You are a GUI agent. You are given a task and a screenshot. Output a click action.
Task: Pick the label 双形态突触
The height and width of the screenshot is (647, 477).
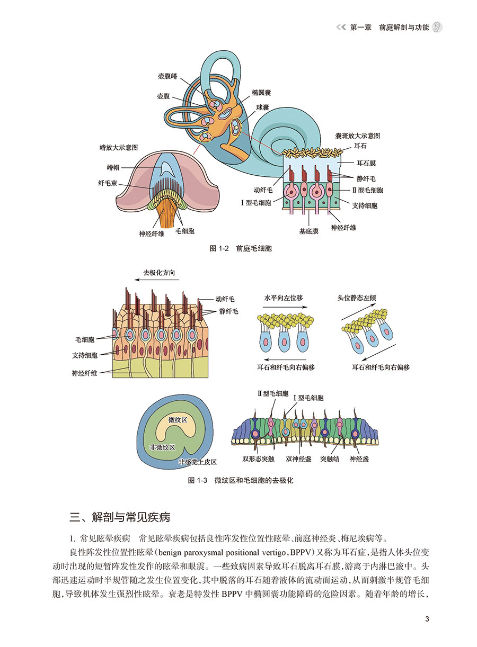[x=260, y=459]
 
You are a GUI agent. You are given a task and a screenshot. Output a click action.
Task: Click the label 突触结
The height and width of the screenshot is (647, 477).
[x=330, y=459]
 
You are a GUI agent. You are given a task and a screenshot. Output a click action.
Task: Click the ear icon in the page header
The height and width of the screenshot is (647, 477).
[x=437, y=28]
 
